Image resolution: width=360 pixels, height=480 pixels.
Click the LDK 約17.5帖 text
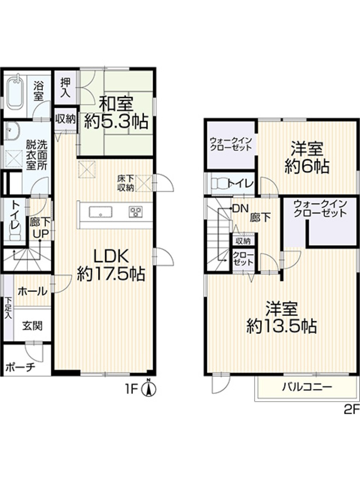tap(111, 265)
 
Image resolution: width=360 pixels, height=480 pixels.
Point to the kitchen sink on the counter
tap(101, 212)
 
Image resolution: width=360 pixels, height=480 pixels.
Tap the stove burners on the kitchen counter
tap(135, 212)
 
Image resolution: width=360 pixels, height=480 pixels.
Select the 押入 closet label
tap(66, 88)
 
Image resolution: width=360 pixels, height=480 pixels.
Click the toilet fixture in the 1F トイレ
tap(15, 233)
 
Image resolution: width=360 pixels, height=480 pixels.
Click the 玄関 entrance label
tap(32, 326)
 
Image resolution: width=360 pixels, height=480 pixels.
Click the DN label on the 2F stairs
tap(240, 209)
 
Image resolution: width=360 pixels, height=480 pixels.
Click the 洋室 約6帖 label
tap(307, 158)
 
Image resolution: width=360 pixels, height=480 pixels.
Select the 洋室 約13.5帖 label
tap(282, 318)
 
